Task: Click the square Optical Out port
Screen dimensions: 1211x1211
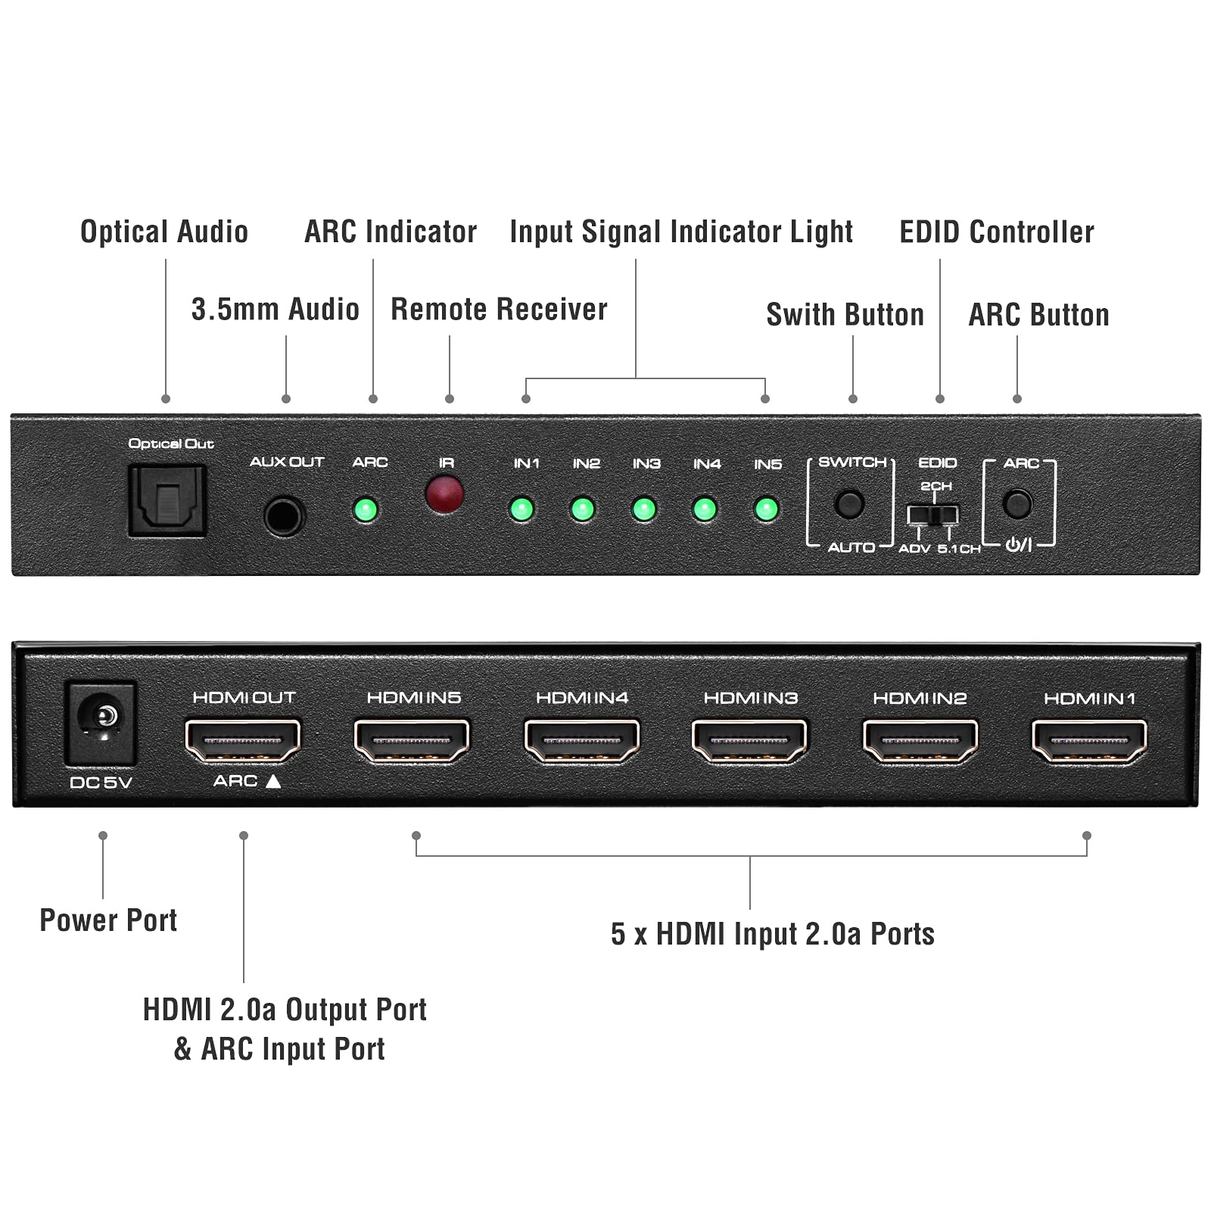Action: [x=167, y=500]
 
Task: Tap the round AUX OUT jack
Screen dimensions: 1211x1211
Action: [x=285, y=516]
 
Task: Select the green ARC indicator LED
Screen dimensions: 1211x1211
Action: [x=366, y=509]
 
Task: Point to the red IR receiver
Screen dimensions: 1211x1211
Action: [x=445, y=493]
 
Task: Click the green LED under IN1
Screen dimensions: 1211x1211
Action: [x=521, y=509]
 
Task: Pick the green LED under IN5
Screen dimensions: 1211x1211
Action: [x=766, y=509]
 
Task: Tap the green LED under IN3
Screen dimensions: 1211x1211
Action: [x=644, y=509]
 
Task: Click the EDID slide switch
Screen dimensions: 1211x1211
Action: [x=933, y=515]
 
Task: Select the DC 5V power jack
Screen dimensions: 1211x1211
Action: [x=101, y=722]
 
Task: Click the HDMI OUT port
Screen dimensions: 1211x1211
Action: [x=243, y=739]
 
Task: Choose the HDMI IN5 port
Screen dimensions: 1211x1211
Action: [x=412, y=739]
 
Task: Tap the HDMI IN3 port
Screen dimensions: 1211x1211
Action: [x=749, y=739]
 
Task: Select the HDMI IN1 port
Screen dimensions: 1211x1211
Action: [x=1089, y=739]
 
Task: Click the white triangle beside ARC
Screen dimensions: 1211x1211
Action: [x=273, y=781]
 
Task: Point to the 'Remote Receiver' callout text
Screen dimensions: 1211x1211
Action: [x=499, y=310]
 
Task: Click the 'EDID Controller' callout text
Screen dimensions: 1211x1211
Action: [x=996, y=232]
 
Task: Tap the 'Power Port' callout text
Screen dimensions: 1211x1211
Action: [x=108, y=920]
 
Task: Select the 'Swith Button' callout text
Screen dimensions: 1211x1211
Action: [x=845, y=315]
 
